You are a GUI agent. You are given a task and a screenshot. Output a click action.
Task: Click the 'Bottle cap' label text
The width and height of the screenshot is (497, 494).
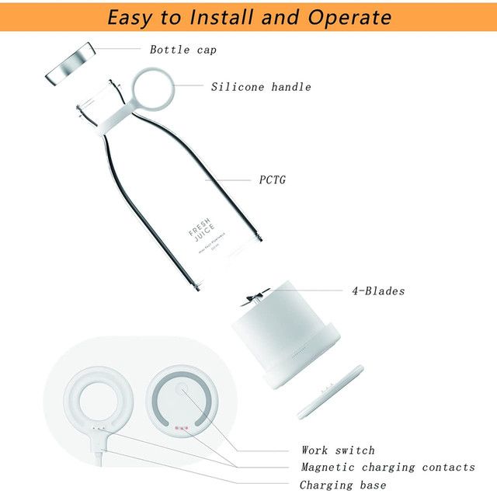click(183, 50)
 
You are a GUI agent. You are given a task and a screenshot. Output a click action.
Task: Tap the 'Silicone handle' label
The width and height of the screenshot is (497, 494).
click(261, 87)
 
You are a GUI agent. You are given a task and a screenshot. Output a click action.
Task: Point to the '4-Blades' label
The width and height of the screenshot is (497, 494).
click(378, 291)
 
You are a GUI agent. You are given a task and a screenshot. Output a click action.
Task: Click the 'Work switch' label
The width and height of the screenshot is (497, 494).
click(338, 451)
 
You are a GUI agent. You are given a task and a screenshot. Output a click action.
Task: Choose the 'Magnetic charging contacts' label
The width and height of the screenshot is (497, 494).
click(388, 468)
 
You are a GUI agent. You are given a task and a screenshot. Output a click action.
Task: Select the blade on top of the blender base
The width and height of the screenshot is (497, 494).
click(255, 299)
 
